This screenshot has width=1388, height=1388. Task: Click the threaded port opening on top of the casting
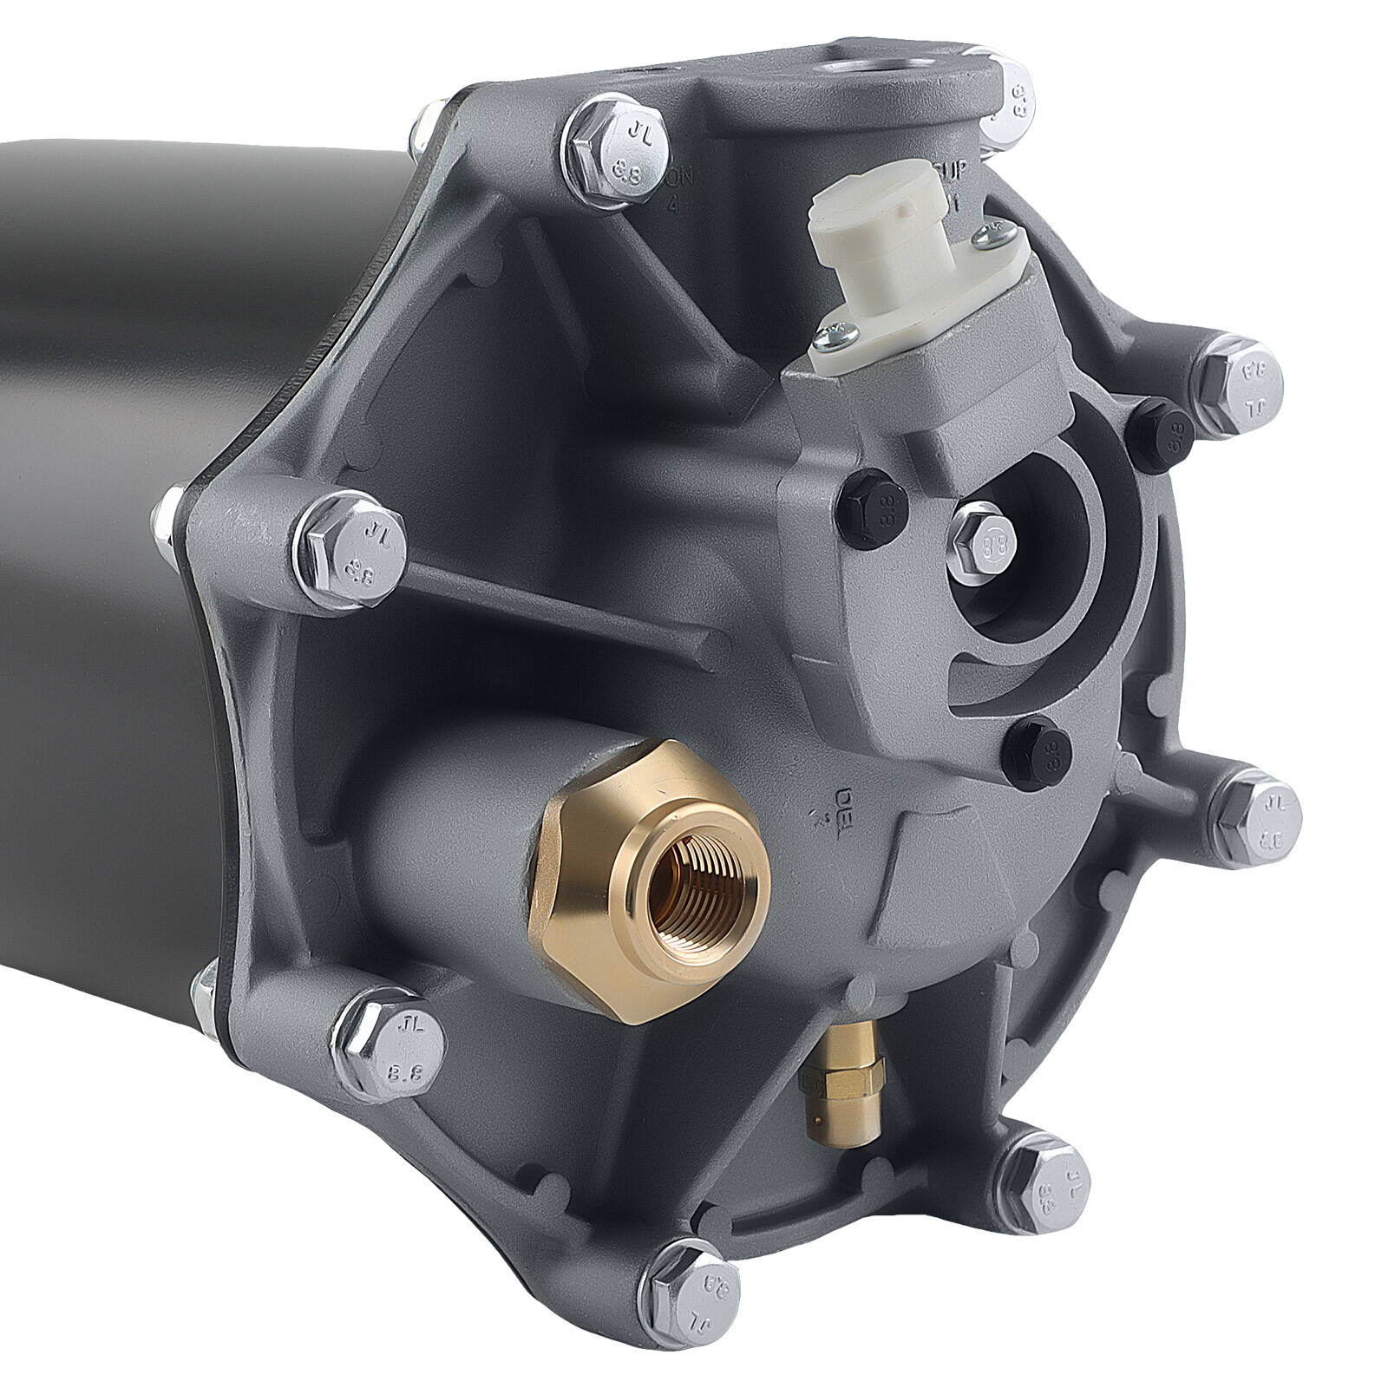pyautogui.click(x=859, y=64)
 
